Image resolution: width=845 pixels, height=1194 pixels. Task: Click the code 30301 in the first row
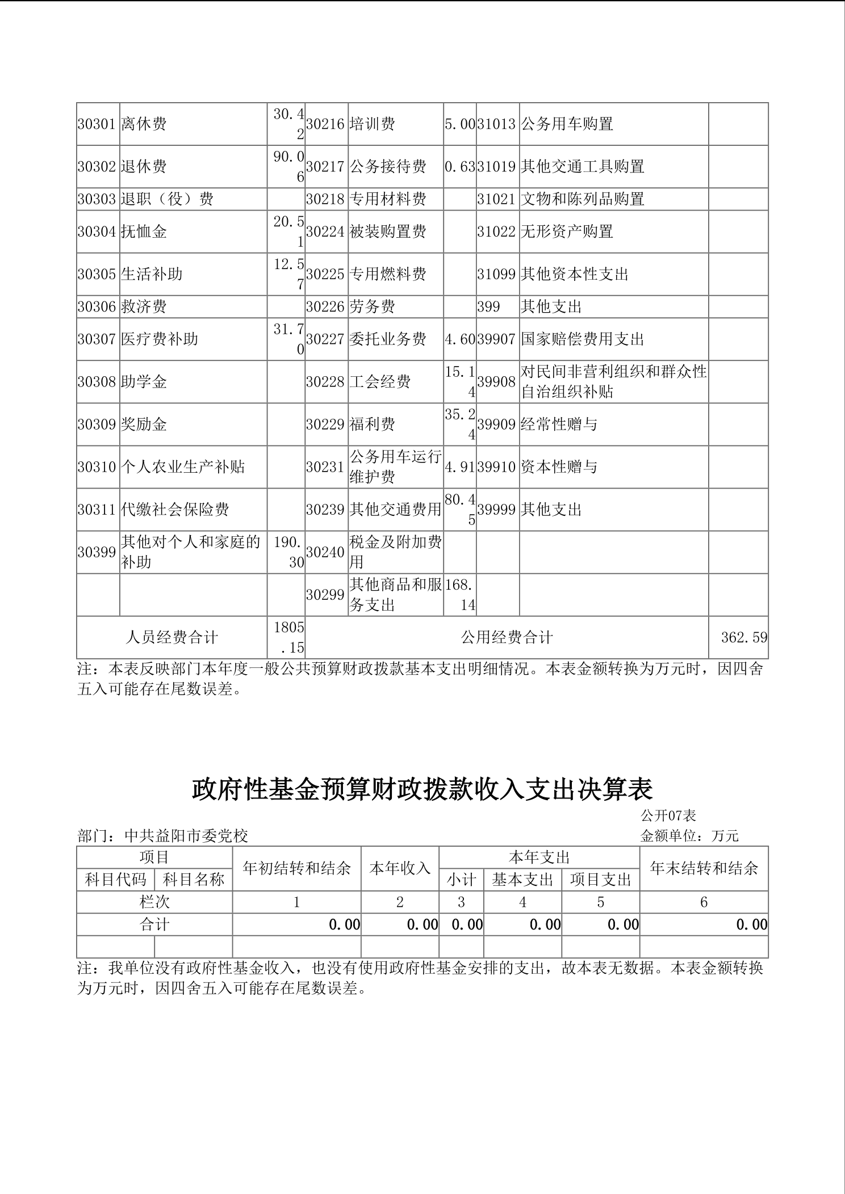tap(97, 124)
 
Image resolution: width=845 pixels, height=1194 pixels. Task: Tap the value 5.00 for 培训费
tap(459, 124)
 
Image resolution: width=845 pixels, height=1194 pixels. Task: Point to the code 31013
tap(497, 124)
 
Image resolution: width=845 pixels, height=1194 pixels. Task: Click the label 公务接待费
tap(388, 167)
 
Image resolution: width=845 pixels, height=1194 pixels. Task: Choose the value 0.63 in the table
tap(459, 167)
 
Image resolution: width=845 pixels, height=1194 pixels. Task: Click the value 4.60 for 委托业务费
tap(459, 339)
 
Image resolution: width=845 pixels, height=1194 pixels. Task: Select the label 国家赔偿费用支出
tap(583, 339)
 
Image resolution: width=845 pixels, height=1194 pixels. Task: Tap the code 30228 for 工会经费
tap(325, 382)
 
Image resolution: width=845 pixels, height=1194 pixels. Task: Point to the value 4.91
tap(459, 467)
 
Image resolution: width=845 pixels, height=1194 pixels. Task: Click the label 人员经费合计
tap(171, 638)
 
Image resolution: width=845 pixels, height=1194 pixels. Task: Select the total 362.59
tap(744, 638)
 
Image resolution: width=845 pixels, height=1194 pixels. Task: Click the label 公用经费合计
tap(507, 638)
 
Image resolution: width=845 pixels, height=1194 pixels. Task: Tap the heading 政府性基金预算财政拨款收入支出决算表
tap(422, 789)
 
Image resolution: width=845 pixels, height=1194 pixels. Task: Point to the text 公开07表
tap(668, 816)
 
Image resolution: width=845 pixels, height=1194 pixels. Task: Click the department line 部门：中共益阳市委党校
tap(163, 836)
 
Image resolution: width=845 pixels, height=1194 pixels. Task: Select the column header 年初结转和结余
tap(296, 868)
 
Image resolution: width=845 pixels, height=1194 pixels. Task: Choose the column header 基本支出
tap(522, 880)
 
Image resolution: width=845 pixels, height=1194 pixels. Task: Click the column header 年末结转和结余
tap(704, 868)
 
